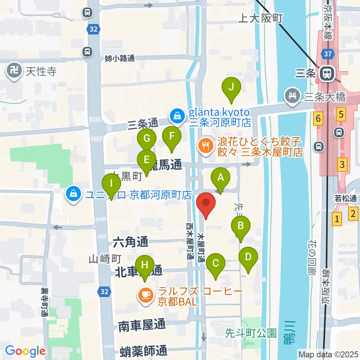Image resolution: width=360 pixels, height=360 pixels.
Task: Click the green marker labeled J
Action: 231,88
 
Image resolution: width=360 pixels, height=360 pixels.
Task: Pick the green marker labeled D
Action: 248,257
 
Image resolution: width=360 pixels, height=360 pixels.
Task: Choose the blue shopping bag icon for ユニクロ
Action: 73,195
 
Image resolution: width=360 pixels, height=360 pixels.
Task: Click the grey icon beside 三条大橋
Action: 292,95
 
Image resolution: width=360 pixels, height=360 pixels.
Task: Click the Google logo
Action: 25,351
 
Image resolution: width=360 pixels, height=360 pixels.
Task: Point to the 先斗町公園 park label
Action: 251,333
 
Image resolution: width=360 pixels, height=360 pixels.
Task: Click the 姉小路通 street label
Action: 120,58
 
